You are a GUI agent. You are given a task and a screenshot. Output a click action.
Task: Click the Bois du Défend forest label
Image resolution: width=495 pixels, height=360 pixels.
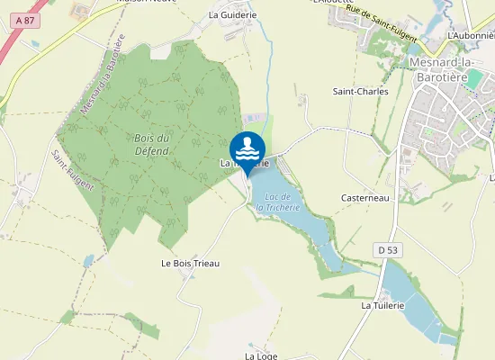pos(151,143)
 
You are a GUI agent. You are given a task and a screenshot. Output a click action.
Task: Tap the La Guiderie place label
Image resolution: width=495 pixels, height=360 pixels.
pos(232,14)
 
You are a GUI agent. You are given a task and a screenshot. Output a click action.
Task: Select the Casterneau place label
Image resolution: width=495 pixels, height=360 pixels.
pos(365,197)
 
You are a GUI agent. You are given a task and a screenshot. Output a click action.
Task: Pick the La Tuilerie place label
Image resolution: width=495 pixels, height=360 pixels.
pos(383,305)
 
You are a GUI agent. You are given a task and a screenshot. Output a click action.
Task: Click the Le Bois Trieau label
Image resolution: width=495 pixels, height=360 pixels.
pos(190,263)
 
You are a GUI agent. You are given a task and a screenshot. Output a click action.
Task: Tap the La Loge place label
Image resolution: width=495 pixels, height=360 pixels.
pos(261,355)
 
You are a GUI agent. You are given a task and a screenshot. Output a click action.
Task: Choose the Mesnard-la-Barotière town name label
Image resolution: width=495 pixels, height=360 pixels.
pos(446,68)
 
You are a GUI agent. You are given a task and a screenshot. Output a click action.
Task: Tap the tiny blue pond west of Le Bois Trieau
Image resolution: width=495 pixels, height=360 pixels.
pos(88,260)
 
